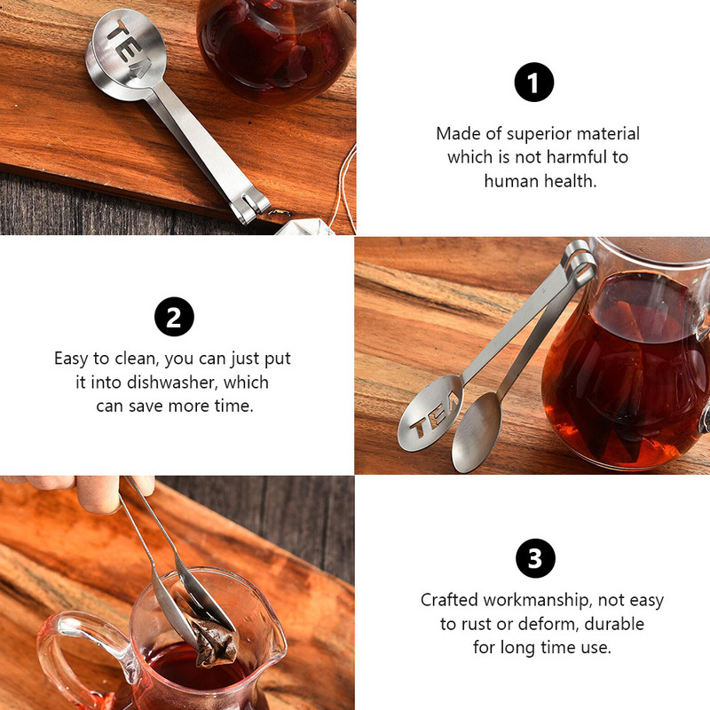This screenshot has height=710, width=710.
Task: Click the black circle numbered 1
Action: (x=534, y=82)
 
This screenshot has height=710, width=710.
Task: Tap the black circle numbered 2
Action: (x=174, y=317)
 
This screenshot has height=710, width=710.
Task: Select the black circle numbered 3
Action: (x=535, y=558)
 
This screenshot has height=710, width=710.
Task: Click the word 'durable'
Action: (x=614, y=624)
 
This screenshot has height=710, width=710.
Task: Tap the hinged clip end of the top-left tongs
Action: (x=251, y=207)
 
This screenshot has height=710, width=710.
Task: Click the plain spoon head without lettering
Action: (x=477, y=431)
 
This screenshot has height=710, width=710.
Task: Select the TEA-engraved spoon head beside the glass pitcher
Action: (x=430, y=413)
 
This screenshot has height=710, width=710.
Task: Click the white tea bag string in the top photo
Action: (x=345, y=188)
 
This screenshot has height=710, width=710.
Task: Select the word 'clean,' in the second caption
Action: (x=137, y=359)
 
